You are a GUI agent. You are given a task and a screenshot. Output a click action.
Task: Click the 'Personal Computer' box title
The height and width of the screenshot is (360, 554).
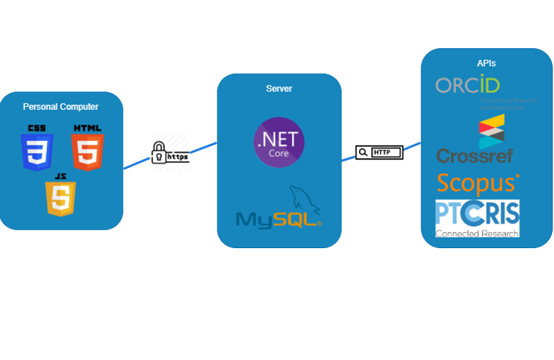coord(60,107)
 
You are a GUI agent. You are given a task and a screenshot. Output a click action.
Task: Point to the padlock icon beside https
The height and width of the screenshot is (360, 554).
coord(158,152)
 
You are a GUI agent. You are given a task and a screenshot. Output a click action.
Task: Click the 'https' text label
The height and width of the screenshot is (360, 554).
coord(178,156)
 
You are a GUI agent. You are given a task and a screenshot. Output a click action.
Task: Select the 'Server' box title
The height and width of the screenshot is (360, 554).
coord(279,89)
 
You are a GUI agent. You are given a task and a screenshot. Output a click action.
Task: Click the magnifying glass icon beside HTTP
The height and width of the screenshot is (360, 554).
coord(363,152)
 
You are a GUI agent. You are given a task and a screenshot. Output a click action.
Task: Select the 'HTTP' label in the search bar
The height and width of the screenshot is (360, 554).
coord(382,152)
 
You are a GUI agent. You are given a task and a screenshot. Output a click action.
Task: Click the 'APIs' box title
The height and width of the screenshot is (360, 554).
coord(486,63)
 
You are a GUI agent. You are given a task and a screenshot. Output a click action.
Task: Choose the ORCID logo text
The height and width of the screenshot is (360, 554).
coord(468,85)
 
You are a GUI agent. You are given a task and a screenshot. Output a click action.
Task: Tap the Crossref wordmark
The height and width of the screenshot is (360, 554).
coord(475,156)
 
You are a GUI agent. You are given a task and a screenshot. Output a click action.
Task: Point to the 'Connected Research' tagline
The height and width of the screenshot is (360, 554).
coord(477,233)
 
